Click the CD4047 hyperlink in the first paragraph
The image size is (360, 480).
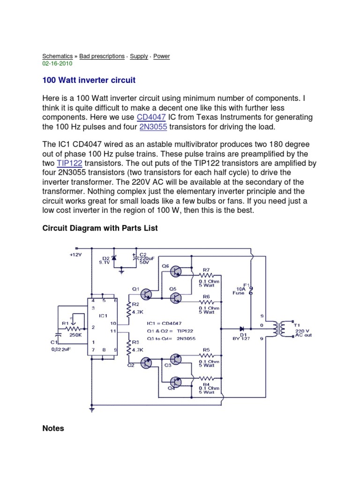pyautogui.click(x=149, y=117)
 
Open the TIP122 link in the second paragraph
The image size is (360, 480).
pyautogui.click(x=70, y=163)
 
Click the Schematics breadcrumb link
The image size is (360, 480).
pyautogui.click(x=58, y=56)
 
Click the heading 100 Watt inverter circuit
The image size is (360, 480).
pyautogui.click(x=89, y=80)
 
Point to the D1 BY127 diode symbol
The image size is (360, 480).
pyautogui.click(x=242, y=328)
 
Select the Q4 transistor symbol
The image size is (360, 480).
pyautogui.click(x=176, y=382)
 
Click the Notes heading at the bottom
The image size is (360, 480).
pyautogui.click(x=53, y=428)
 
